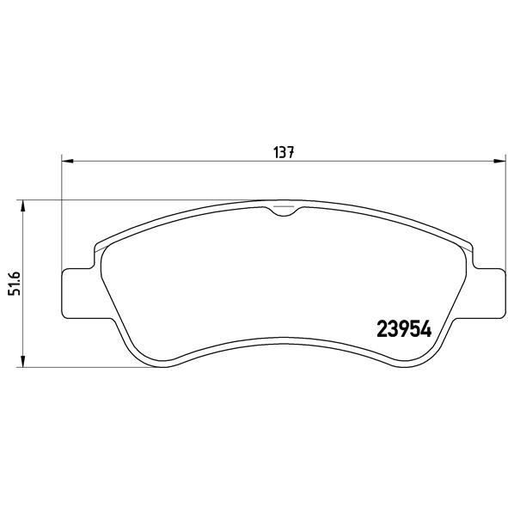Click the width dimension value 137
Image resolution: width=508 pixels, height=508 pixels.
click(x=285, y=152)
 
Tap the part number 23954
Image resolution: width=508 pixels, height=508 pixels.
click(x=403, y=328)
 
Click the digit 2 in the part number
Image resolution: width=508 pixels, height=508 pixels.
click(x=383, y=328)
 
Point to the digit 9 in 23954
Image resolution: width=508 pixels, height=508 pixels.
click(x=403, y=328)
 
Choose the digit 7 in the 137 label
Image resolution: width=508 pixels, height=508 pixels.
click(x=291, y=152)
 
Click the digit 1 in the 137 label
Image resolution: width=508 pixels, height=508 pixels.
click(x=277, y=152)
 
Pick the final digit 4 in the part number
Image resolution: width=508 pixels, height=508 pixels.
click(x=424, y=328)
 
